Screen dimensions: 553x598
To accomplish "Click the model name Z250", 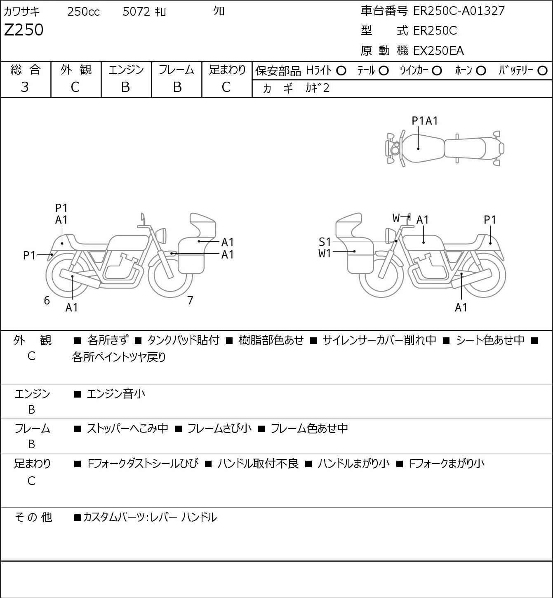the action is coord(24,30).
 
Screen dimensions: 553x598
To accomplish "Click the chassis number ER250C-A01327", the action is coord(459,11).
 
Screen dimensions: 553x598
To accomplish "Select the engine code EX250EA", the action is coord(438,51).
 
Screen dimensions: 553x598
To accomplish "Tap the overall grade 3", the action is coord(25,87).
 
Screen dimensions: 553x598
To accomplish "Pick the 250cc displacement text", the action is coord(83,12).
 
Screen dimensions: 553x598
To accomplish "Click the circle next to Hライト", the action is coord(341,71).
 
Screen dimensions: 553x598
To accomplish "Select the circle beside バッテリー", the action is coord(542,71).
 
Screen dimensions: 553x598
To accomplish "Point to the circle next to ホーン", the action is coord(481,71).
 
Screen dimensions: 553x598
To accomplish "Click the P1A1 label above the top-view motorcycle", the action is coord(425,121).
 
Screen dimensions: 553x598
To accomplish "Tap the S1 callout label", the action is coord(325,242).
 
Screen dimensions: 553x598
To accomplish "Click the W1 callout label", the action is coord(325,254).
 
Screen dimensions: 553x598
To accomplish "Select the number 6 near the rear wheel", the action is coord(47,300).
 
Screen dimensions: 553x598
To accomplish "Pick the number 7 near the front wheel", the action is coord(190,300).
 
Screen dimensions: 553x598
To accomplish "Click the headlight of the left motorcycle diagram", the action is coord(161,235).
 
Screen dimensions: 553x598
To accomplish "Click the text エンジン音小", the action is coord(116,394).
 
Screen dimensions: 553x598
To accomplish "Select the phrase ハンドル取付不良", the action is coord(258,464).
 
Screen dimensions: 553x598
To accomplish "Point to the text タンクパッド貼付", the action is coord(183,340).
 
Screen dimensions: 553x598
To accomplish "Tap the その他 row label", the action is coord(33,517).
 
